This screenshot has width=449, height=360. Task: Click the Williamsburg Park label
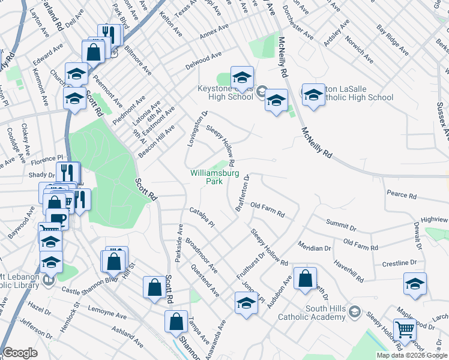(214, 177)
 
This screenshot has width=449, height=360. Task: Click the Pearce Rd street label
(402, 195)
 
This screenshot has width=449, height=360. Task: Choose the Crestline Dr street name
(399, 263)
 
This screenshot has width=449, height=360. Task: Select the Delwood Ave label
(203, 60)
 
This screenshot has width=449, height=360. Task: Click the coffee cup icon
(58, 219)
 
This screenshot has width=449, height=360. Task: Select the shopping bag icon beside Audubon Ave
(306, 278)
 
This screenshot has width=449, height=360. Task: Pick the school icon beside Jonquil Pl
(246, 304)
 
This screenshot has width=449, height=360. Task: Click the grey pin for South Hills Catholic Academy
(354, 312)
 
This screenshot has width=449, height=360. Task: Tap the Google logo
(20, 353)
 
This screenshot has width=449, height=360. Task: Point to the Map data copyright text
(411, 355)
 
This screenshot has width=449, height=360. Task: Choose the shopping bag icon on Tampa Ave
(176, 322)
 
